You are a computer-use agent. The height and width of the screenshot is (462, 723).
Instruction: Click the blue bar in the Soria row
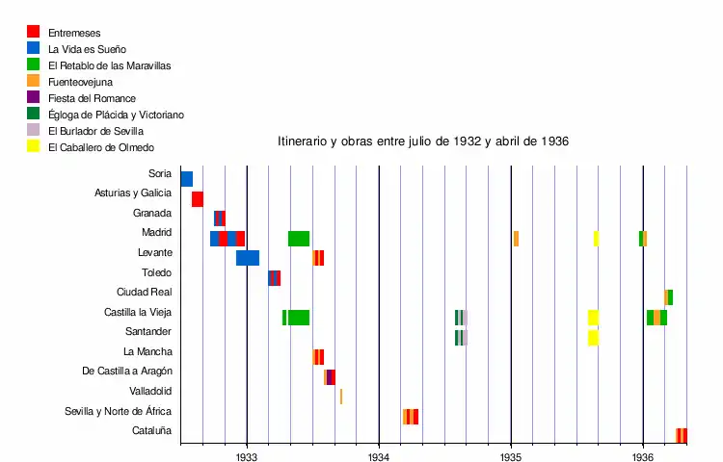186,179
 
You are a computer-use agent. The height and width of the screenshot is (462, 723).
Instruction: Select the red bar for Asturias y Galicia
197,199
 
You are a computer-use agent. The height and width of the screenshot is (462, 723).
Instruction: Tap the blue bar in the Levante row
248,258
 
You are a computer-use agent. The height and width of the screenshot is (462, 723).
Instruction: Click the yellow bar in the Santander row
593,337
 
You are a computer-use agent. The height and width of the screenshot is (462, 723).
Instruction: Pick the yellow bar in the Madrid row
596,238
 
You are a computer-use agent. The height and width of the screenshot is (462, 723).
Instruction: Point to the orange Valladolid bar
340,397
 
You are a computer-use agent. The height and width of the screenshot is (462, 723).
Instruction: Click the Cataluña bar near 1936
682,436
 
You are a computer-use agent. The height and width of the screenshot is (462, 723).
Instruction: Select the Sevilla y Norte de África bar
411,417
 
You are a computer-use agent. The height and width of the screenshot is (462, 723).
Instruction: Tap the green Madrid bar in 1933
299,238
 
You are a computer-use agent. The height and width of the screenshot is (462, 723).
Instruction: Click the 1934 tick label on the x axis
379,457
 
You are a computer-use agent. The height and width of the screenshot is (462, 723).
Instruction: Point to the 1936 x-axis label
643,457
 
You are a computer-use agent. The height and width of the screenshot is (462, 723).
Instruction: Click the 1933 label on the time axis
247,457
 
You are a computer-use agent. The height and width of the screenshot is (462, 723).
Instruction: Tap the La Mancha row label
147,351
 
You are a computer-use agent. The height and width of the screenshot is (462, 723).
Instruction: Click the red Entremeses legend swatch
34,32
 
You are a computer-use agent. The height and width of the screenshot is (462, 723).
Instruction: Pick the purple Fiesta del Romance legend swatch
34,97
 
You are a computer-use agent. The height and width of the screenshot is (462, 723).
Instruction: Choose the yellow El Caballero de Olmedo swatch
34,146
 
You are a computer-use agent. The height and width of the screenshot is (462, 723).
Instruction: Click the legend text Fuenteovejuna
80,82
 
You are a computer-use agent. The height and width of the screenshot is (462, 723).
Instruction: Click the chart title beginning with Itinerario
423,141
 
